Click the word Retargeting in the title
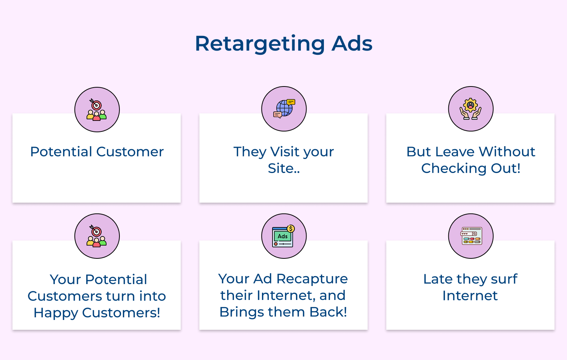pyautogui.click(x=260, y=44)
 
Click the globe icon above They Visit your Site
pyautogui.click(x=284, y=109)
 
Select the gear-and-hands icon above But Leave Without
pyautogui.click(x=471, y=109)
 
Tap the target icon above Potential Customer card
pyautogui.click(x=97, y=110)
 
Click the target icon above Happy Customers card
pyautogui.click(x=97, y=236)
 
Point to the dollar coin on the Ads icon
pyautogui.click(x=291, y=229)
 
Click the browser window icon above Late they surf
pyautogui.click(x=471, y=236)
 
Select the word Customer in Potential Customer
pyautogui.click(x=130, y=151)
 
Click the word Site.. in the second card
pyautogui.click(x=283, y=168)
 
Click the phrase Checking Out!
pyautogui.click(x=471, y=168)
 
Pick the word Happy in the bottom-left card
pyautogui.click(x=55, y=313)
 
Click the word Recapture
pyautogui.click(x=312, y=279)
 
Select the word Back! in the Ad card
pyautogui.click(x=328, y=312)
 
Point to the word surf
pyautogui.click(x=504, y=279)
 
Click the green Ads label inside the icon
pyautogui.click(x=283, y=236)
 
